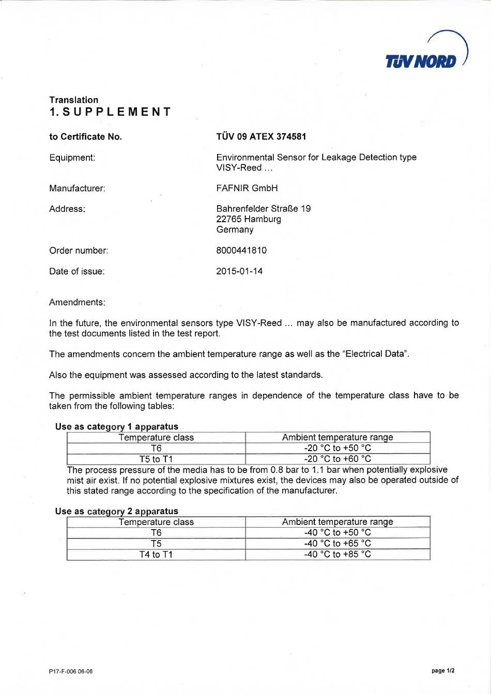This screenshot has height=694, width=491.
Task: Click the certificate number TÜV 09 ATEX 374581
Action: coord(261,136)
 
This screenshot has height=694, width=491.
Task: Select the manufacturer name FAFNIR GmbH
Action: coord(247,188)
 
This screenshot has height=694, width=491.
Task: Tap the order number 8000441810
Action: coord(241,250)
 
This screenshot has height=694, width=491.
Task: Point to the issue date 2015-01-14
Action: coord(239,271)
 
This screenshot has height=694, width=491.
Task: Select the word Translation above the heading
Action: coord(73,100)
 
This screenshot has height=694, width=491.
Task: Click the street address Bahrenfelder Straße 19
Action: coord(263,209)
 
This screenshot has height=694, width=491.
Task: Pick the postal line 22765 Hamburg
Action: coord(249,219)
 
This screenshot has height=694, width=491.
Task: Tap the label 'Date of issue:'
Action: coord(76,271)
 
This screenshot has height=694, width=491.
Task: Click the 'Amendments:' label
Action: coord(77,302)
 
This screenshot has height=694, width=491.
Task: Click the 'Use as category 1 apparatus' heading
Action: coord(116,426)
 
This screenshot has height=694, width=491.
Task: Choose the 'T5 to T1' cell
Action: coord(156,459)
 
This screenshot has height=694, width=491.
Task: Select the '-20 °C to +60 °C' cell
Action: coord(337,459)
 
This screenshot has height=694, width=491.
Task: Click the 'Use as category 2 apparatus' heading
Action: coord(116,511)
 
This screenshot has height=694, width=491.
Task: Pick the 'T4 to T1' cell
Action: coord(156,554)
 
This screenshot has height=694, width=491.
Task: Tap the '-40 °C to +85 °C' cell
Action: coord(337,554)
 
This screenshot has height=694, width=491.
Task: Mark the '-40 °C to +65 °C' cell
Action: coord(337,543)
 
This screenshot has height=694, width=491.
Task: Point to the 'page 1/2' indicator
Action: coord(443,671)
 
